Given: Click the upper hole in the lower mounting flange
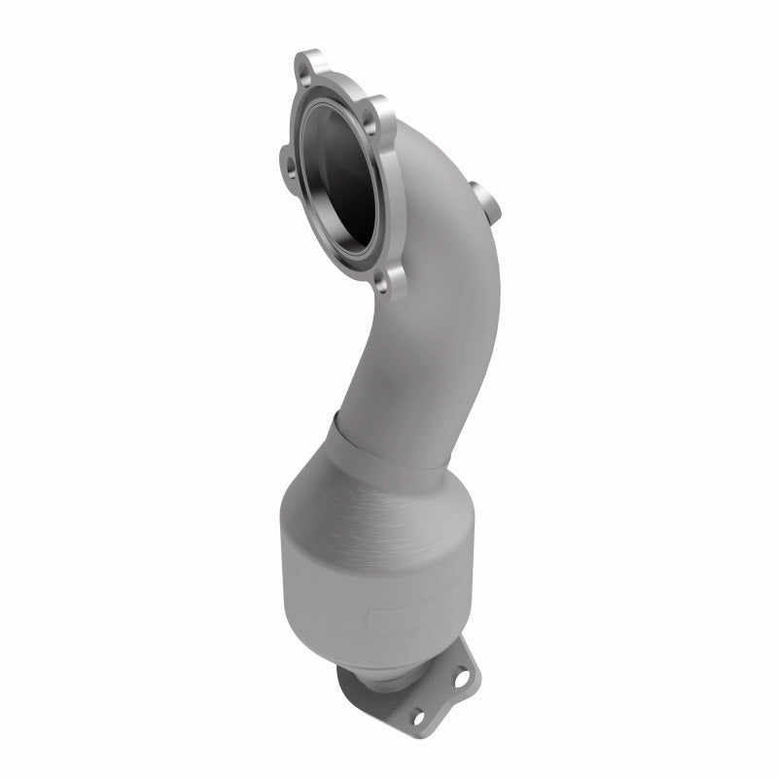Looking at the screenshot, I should coord(464,654).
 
